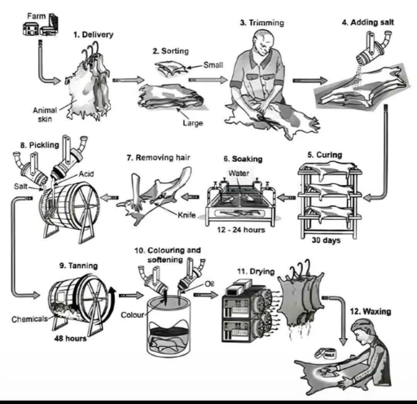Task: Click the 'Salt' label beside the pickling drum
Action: [x=24, y=186]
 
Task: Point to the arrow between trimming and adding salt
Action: [x=305, y=81]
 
